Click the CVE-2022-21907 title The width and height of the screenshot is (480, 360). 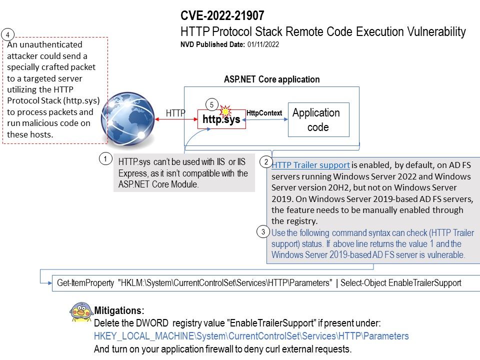tap(222, 16)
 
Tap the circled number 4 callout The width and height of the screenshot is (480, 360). tap(8, 34)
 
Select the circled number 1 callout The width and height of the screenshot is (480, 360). tap(105, 159)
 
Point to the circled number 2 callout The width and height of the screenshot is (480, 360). tap(266, 162)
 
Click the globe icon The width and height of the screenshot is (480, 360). tap(124, 116)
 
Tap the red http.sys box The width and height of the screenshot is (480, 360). tap(221, 120)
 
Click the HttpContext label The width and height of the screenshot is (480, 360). tap(264, 113)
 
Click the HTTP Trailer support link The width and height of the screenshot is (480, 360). tap(310, 165)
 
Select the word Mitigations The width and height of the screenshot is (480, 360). tap(119, 310)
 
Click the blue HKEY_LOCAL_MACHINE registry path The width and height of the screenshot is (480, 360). tap(251, 336)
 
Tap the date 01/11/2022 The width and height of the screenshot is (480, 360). tap(262, 44)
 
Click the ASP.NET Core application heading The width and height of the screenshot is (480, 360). tap(271, 79)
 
